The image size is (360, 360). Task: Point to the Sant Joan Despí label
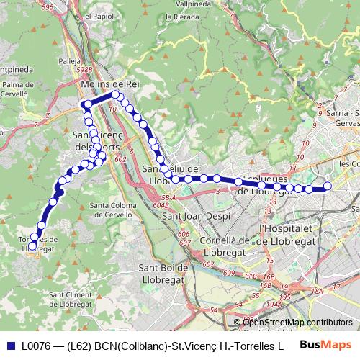pyautogui.click(x=197, y=216)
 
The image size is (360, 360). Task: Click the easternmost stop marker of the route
pyautogui.click(x=327, y=186)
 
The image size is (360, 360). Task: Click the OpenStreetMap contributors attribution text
pyautogui.click(x=297, y=323)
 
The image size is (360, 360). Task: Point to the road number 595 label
pyautogui.click(x=48, y=6)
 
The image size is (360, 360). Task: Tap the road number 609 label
pyautogui.click(x=229, y=273)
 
